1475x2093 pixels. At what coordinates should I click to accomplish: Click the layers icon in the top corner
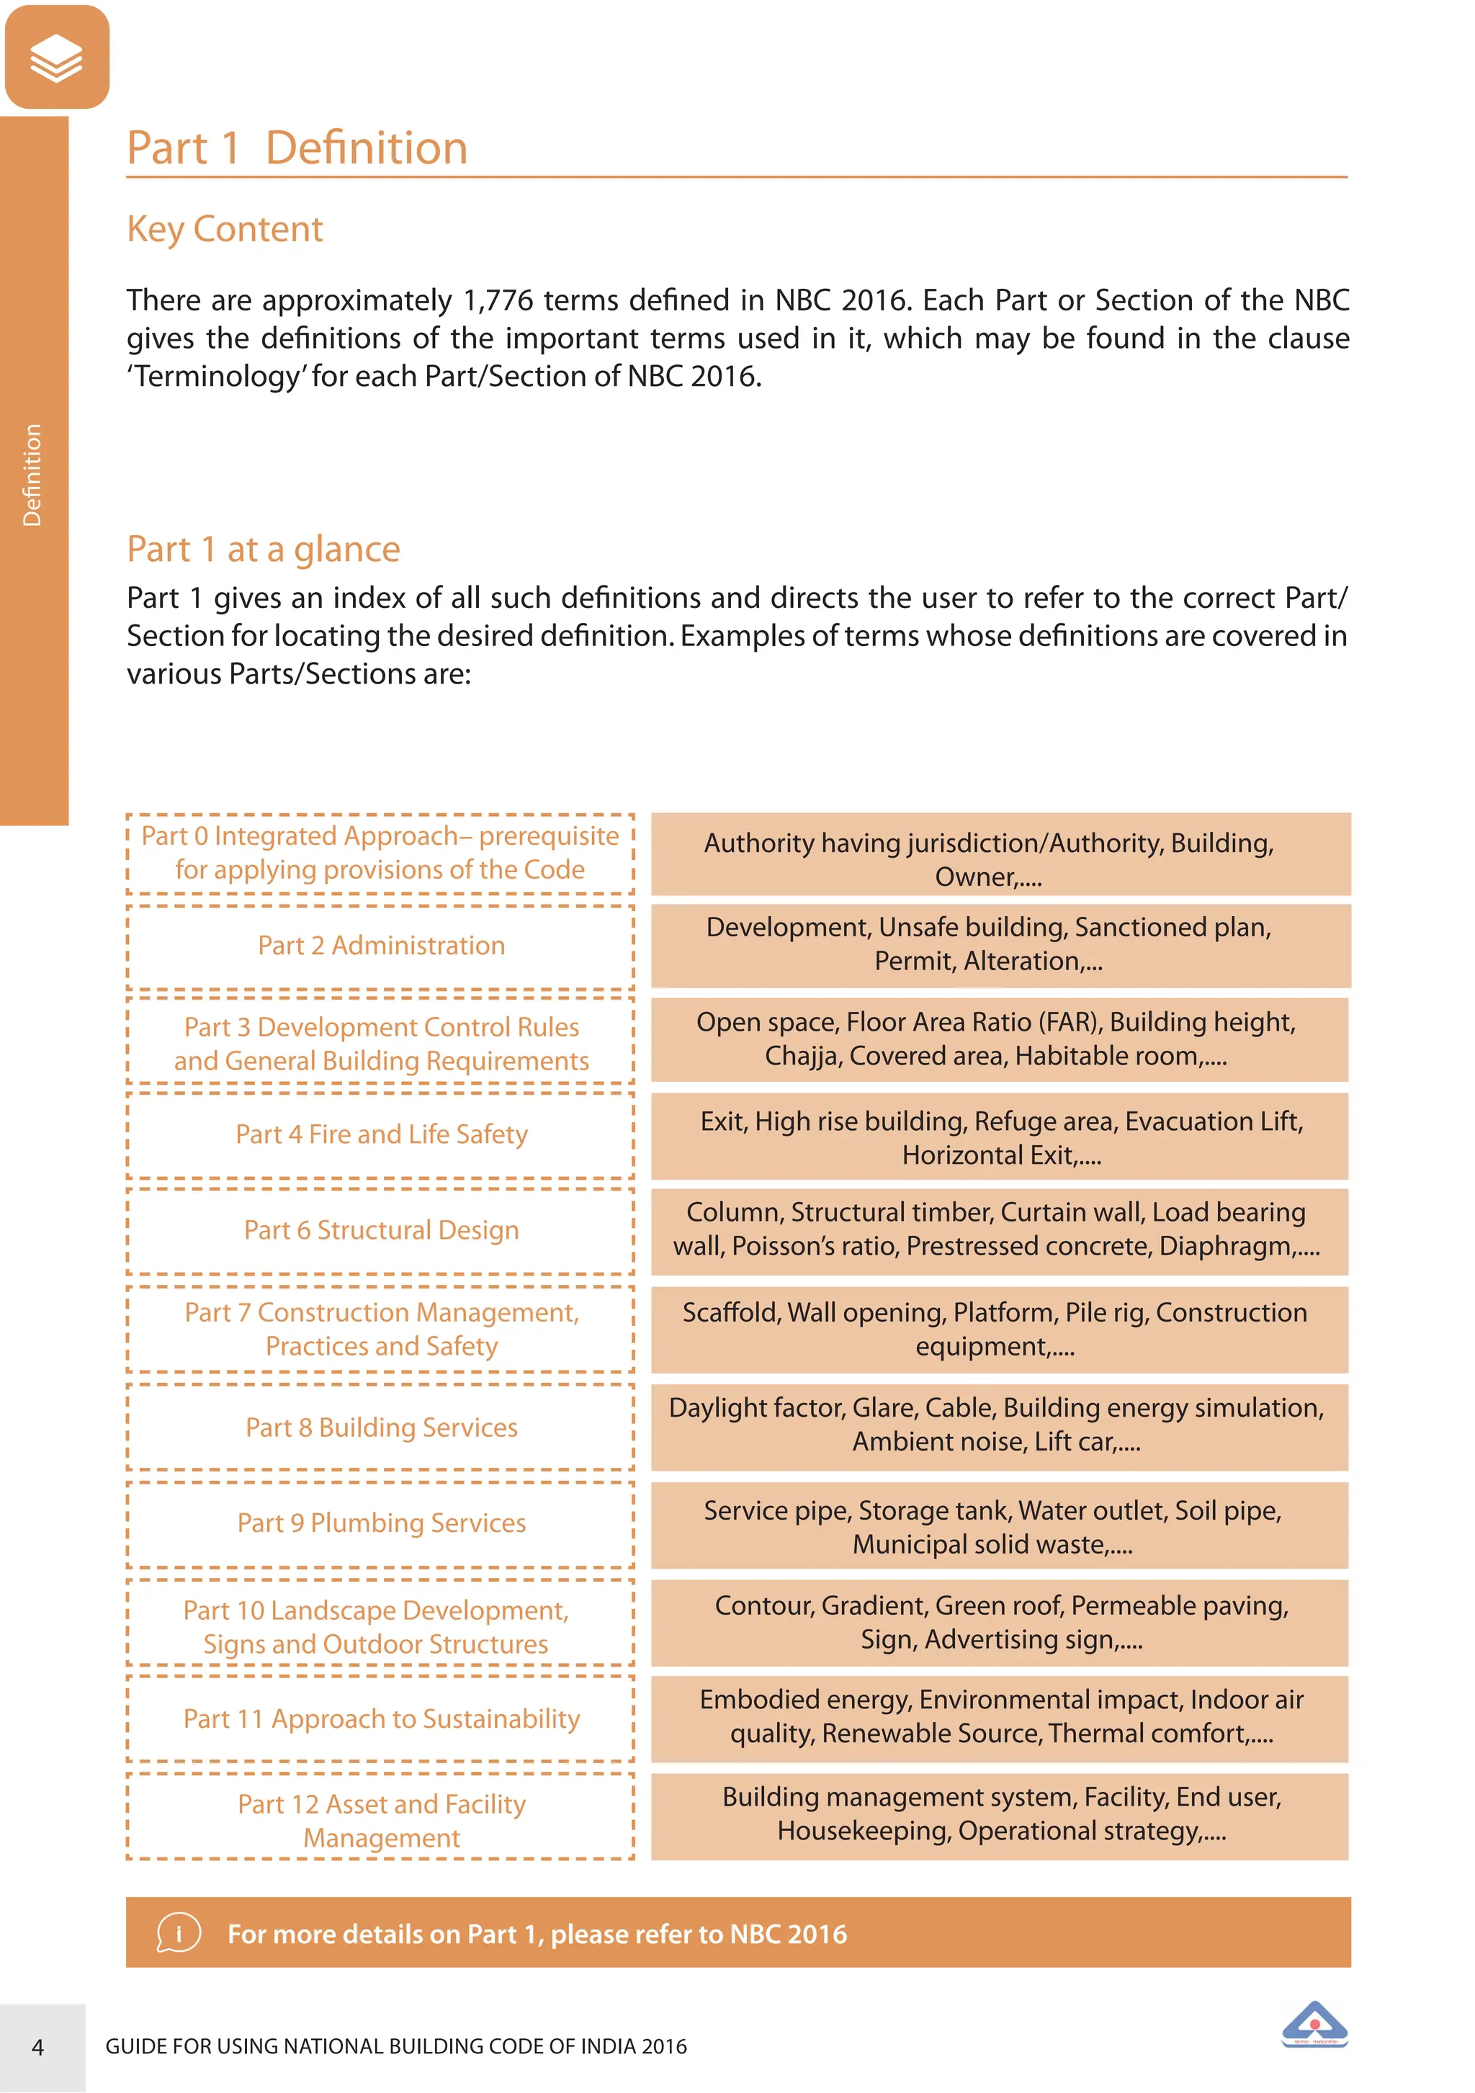click(56, 58)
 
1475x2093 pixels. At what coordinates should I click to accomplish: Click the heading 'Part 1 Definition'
click(297, 148)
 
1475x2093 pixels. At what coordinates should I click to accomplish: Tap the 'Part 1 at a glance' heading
click(264, 550)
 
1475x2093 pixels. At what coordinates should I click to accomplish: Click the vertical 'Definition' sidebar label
click(33, 474)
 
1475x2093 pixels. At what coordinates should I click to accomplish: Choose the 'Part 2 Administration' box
click(381, 946)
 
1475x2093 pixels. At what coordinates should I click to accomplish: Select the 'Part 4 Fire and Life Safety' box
click(381, 1135)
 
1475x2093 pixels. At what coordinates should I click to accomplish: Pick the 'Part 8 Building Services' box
click(381, 1428)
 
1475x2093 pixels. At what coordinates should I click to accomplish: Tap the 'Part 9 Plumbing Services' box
click(381, 1523)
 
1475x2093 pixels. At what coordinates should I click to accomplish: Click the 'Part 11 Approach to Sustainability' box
click(381, 1719)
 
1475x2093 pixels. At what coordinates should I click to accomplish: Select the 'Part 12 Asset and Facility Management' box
click(381, 1821)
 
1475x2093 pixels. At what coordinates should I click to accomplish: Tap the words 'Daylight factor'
click(756, 1408)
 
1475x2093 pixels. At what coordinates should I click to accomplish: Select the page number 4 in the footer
click(38, 2048)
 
